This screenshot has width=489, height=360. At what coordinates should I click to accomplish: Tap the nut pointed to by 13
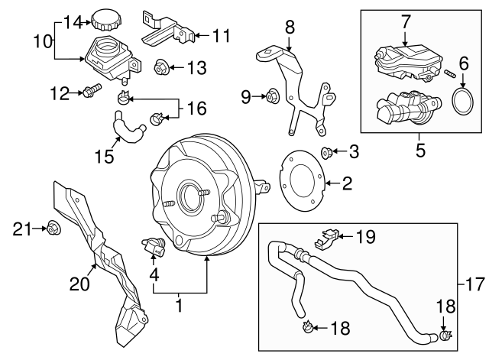pos(161,68)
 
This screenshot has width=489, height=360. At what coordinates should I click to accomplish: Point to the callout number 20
pos(79,284)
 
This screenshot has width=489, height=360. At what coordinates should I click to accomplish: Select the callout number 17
pos(474,285)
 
